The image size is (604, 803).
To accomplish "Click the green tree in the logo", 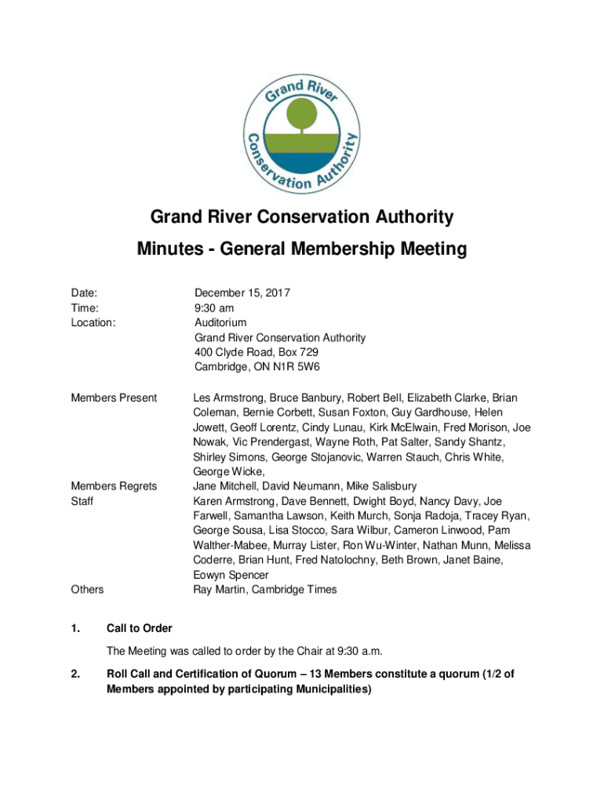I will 302,117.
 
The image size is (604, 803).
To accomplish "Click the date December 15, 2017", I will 242,292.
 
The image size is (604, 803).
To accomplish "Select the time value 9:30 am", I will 214,307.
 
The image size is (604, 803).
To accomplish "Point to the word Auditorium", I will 220,322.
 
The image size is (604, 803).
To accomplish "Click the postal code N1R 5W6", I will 289,367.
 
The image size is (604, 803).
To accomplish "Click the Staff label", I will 82,501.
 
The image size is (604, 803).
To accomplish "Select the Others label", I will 87,590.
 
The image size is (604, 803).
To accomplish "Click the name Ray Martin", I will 222,590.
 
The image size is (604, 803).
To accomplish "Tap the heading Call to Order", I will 140,628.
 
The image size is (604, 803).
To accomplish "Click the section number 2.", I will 75,674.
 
